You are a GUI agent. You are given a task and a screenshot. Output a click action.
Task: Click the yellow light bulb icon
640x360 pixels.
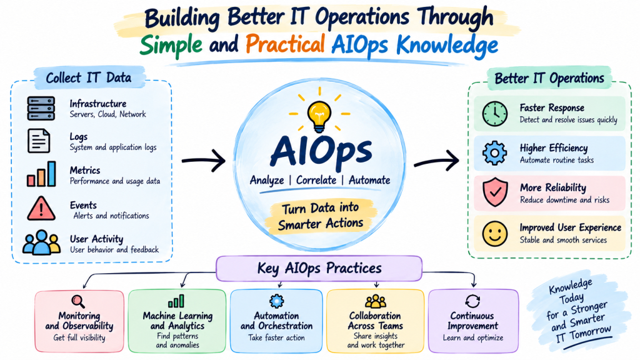[319, 116]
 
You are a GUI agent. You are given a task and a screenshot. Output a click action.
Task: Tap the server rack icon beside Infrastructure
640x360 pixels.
[41, 108]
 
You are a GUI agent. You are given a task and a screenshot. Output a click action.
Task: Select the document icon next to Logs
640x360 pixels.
[39, 141]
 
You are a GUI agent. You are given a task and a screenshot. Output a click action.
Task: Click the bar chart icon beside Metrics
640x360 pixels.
[41, 174]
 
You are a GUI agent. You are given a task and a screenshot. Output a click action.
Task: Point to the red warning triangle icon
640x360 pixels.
[41, 209]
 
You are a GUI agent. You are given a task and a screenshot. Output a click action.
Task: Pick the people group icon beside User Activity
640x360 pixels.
[42, 242]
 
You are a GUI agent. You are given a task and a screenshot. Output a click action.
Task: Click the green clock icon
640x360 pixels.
[495, 114]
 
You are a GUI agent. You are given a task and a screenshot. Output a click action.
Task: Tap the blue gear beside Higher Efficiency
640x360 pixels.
[495, 153]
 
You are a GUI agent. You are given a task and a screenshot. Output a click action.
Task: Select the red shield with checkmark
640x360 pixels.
[495, 192]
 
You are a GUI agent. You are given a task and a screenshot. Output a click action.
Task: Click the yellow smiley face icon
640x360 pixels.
[495, 234]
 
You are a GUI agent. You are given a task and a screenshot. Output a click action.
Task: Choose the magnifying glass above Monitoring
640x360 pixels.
[78, 302]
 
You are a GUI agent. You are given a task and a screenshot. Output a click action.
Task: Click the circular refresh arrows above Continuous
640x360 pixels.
[472, 301]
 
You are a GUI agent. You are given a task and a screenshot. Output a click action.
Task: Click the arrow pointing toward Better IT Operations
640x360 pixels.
[436, 161]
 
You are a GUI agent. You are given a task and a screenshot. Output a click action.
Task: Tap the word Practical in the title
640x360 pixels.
[285, 44]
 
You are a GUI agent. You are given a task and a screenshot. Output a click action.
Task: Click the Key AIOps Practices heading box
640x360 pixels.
[319, 269]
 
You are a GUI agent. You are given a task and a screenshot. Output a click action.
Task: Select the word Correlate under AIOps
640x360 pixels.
[316, 180]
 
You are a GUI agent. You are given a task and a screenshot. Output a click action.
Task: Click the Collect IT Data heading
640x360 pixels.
[89, 77]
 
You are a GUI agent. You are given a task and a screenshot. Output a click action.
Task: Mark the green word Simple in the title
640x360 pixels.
[171, 45]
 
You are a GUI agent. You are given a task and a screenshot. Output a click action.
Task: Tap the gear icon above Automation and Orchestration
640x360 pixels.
[277, 301]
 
